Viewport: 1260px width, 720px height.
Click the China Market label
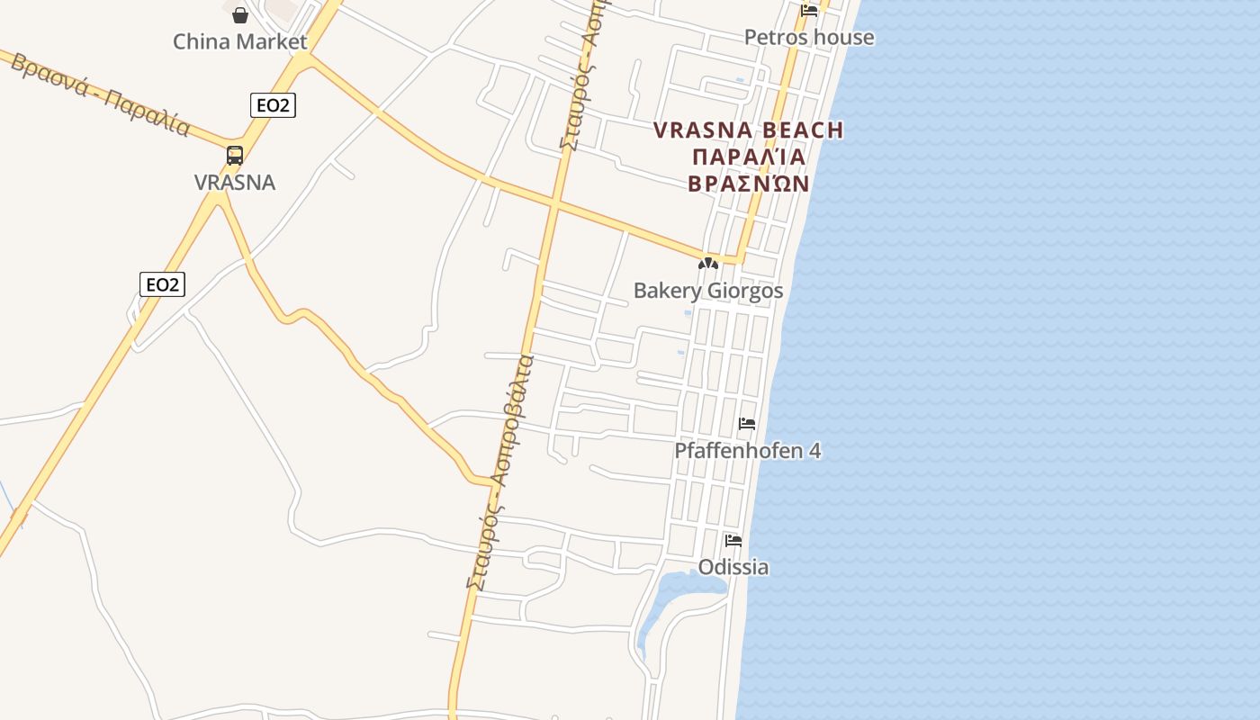(239, 41)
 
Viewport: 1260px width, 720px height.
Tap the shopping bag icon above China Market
(240, 14)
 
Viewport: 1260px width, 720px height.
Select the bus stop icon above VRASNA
(235, 155)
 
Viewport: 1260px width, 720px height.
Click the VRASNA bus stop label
(235, 183)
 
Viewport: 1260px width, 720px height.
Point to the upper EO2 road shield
(273, 105)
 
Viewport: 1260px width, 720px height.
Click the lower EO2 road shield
(162, 284)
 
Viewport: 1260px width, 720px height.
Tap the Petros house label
(808, 37)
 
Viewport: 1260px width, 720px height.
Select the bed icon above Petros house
(809, 11)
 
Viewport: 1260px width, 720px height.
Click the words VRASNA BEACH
(749, 130)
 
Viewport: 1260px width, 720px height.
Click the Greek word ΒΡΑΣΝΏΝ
(749, 184)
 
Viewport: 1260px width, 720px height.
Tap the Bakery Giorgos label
(708, 291)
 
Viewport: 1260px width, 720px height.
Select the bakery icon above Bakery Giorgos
(708, 265)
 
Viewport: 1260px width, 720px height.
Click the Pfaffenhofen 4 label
(748, 450)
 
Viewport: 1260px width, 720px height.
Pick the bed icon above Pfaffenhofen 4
(747, 424)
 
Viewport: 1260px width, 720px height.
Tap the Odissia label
(733, 567)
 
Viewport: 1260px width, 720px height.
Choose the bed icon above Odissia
(733, 541)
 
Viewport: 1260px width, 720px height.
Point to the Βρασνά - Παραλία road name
(99, 94)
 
